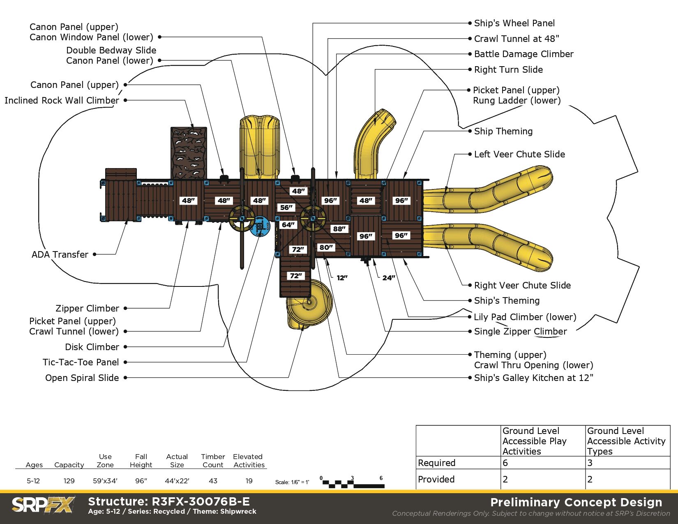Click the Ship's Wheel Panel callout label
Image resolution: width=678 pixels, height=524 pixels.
pyautogui.click(x=514, y=23)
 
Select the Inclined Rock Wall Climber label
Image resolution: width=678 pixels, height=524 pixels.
pyautogui.click(x=62, y=101)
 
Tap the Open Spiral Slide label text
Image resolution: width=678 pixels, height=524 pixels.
pyautogui.click(x=82, y=378)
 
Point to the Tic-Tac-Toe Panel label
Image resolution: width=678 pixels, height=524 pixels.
pyautogui.click(x=81, y=362)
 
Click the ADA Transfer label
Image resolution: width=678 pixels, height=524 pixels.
pyautogui.click(x=60, y=255)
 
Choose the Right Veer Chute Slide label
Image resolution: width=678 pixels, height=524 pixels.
pyautogui.click(x=522, y=286)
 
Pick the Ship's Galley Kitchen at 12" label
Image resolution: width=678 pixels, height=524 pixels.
pyautogui.click(x=533, y=378)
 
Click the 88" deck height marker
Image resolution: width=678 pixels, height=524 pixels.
pyautogui.click(x=339, y=229)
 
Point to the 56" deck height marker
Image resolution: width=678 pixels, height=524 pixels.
pyautogui.click(x=286, y=208)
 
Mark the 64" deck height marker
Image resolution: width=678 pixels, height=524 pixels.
pyautogui.click(x=288, y=225)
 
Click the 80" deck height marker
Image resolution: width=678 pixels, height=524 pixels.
pyautogui.click(x=326, y=247)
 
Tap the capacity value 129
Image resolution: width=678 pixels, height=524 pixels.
pyautogui.click(x=69, y=481)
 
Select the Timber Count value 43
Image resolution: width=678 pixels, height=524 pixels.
pyautogui.click(x=213, y=481)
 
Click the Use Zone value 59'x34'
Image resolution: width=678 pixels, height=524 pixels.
pyautogui.click(x=105, y=481)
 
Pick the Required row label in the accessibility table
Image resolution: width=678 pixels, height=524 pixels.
pyautogui.click(x=436, y=463)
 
